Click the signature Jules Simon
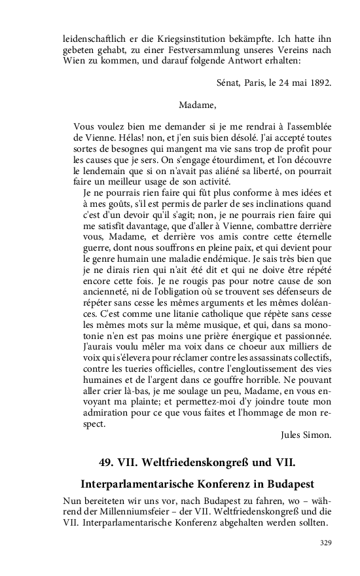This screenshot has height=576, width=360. pos(306,434)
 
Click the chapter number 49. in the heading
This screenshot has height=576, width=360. pos(109,463)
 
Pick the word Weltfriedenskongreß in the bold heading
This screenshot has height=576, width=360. pos(187,463)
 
